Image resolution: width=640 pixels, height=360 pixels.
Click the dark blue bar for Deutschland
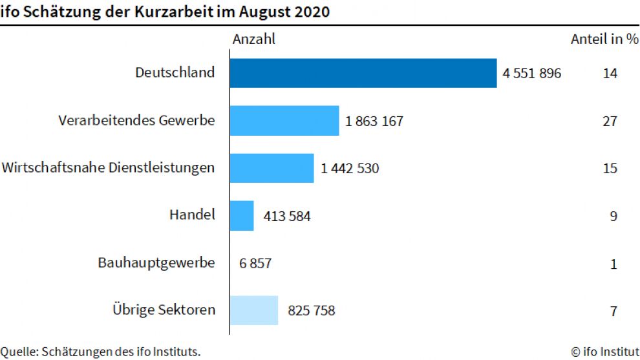(x=363, y=73)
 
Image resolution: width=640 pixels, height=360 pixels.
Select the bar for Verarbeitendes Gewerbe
(x=284, y=121)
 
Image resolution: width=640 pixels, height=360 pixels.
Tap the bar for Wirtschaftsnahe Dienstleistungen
(x=272, y=168)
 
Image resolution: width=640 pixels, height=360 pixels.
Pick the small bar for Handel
(x=242, y=216)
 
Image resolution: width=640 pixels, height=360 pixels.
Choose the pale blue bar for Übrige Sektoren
(x=254, y=311)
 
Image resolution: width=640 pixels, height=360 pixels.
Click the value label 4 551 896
(x=532, y=74)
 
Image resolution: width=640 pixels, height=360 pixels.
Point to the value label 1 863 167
(x=374, y=121)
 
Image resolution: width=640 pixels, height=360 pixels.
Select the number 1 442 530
(x=350, y=169)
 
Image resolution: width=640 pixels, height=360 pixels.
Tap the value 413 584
(x=287, y=217)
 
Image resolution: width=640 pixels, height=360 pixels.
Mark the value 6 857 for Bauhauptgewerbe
(x=255, y=264)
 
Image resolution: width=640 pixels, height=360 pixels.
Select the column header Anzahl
(x=254, y=39)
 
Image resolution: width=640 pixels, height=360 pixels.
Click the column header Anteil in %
(x=604, y=39)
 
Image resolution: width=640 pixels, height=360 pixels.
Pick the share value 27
(x=610, y=121)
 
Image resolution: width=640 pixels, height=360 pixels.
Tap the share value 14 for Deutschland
(x=610, y=74)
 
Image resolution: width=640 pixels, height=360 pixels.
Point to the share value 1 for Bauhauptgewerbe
(x=613, y=264)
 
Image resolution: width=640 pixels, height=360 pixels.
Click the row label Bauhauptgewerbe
(x=156, y=263)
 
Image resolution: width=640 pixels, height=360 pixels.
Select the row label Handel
(x=192, y=215)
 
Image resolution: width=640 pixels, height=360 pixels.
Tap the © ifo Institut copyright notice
(x=605, y=352)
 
